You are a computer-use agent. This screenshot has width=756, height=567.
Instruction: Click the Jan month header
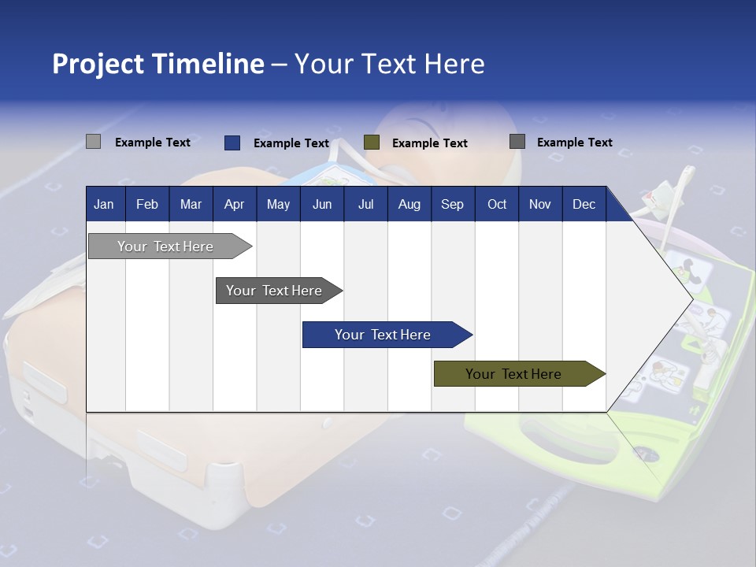[x=104, y=204]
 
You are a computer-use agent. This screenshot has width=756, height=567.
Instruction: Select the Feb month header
[x=147, y=204]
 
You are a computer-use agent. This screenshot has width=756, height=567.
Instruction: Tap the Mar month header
[x=191, y=204]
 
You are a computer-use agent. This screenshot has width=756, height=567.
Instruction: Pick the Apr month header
[x=234, y=204]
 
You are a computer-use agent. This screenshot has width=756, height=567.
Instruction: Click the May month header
[x=278, y=204]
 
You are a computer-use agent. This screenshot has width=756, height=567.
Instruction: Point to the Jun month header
[x=322, y=204]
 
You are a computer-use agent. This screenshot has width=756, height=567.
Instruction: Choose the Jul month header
[x=365, y=204]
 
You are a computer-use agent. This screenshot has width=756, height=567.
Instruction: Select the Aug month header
[x=409, y=204]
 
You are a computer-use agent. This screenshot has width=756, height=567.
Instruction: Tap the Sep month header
[x=452, y=204]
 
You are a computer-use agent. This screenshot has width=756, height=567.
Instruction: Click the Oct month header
[x=497, y=204]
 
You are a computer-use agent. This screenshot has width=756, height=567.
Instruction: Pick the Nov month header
[x=540, y=204]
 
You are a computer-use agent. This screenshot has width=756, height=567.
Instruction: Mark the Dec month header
[x=584, y=204]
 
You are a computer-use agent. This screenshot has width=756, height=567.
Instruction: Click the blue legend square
[x=232, y=143]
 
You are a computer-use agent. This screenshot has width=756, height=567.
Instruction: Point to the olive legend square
[x=372, y=143]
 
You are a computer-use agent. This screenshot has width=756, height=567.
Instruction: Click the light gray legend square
[x=94, y=142]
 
